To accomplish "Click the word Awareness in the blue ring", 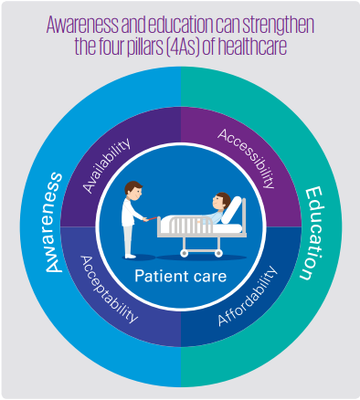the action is coord(54,222).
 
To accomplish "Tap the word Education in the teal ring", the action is coord(312,234).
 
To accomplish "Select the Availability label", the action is coord(107,165).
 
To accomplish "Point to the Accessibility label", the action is coord(247,158).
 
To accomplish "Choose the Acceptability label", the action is coord(109,289).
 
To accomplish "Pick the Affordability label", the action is coord(248,296).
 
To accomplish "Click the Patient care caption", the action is coord(181,276).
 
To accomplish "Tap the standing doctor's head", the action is coord(133,191).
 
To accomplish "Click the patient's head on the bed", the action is coord(221,201).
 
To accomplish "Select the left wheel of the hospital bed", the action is coord(184,253).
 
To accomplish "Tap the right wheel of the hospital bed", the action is coord(218,253).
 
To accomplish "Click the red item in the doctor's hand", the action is coord(152,218).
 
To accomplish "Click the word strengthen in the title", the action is coord(278,25).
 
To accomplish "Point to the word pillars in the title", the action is coord(145,47).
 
